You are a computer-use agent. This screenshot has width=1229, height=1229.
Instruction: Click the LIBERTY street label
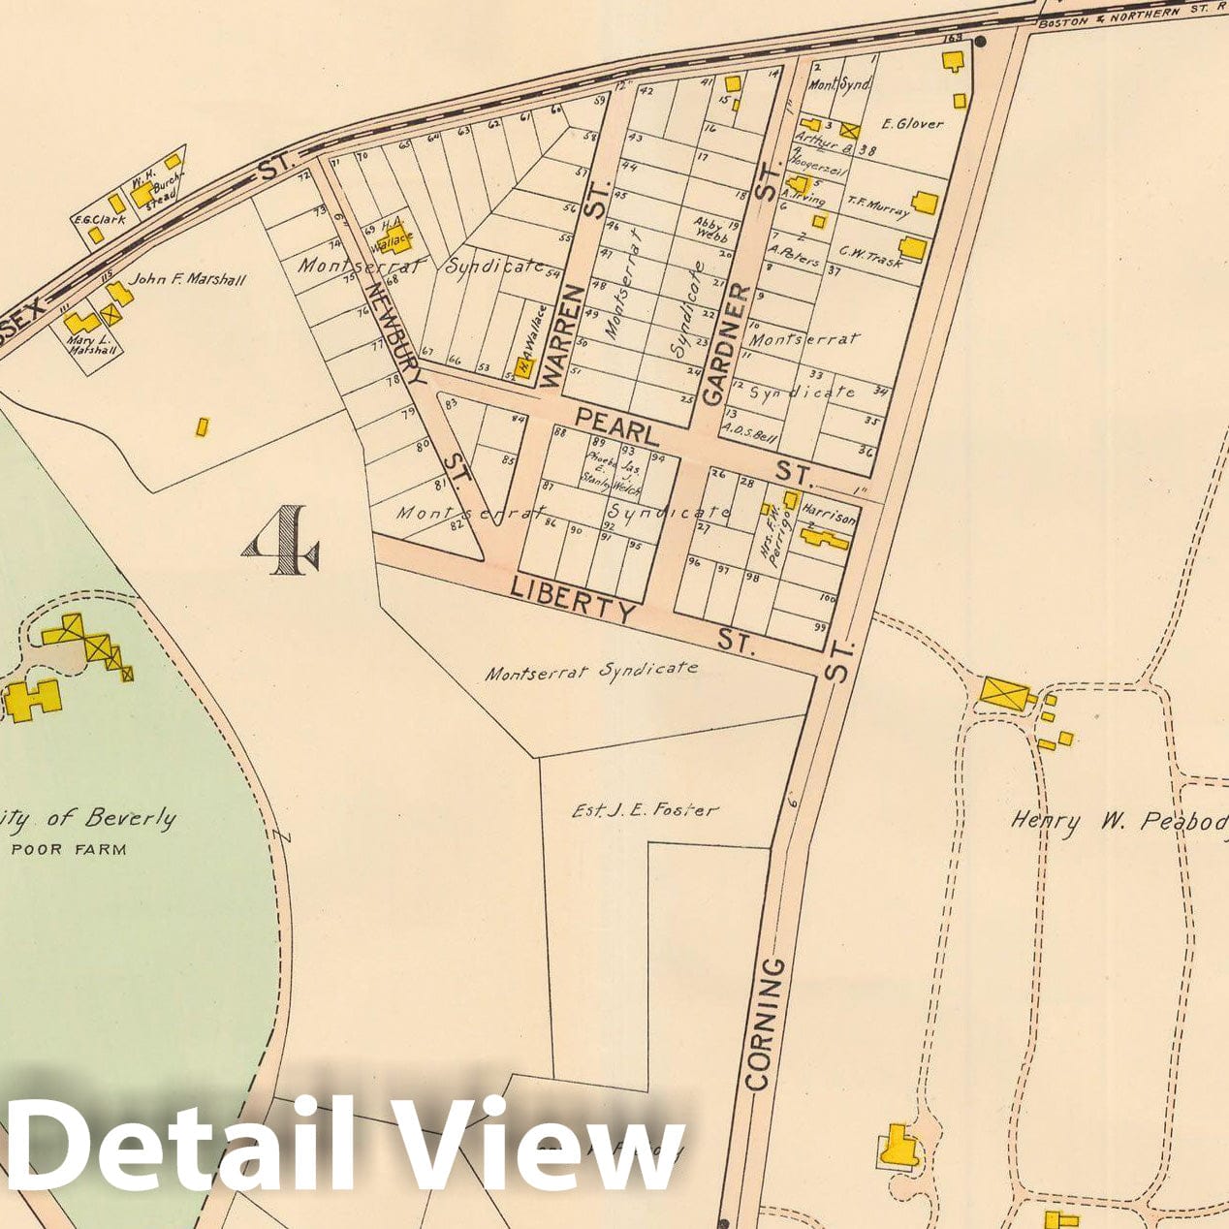[573, 598]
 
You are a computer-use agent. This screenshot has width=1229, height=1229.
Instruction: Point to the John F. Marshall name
[188, 280]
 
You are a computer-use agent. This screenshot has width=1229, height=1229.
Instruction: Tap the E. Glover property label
[912, 124]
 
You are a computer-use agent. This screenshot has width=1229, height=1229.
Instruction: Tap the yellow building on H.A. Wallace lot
[399, 240]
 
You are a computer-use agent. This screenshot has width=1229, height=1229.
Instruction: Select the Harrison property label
[830, 519]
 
